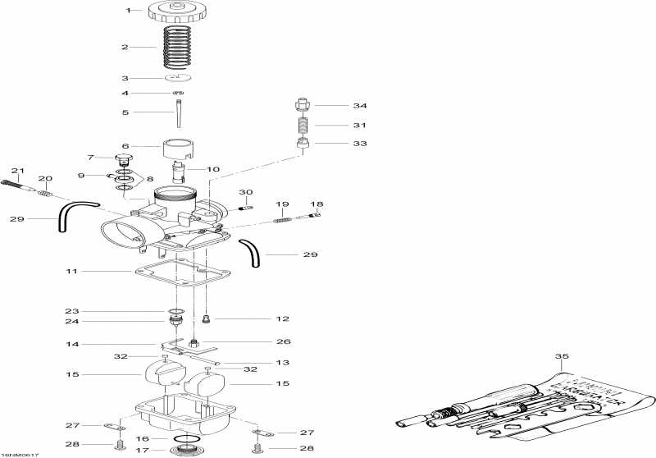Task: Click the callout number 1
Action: click(128, 10)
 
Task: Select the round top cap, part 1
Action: click(175, 12)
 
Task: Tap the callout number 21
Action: click(15, 171)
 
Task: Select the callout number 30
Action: click(245, 192)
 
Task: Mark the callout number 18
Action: click(316, 204)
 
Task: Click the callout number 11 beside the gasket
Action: click(72, 270)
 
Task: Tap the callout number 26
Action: click(284, 341)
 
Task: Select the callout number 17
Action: click(141, 450)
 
